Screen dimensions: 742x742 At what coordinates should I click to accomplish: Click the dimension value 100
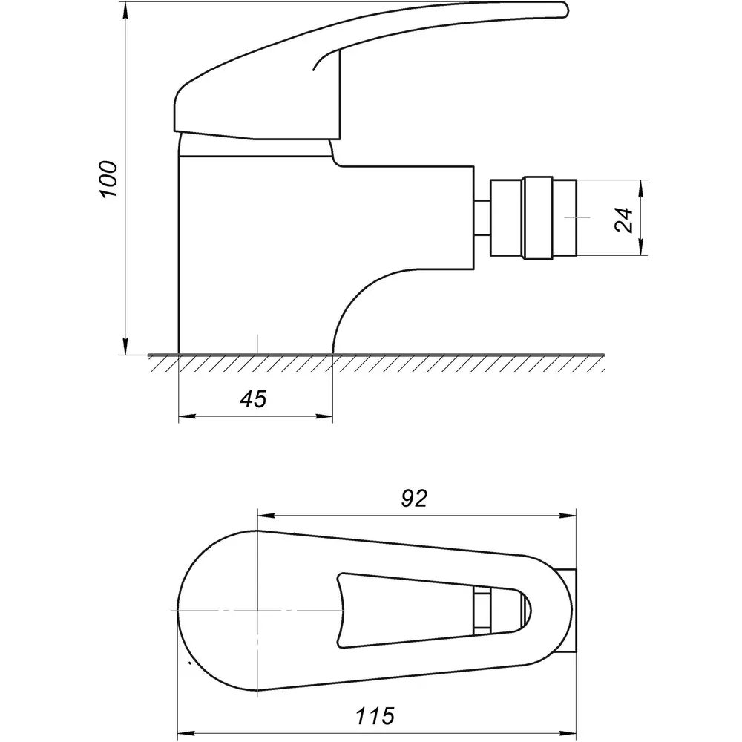108,180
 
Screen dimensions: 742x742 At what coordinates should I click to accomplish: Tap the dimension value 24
624,220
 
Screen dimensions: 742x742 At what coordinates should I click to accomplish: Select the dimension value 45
253,399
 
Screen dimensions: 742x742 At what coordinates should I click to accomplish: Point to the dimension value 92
414,499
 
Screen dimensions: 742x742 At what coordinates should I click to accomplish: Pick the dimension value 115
375,716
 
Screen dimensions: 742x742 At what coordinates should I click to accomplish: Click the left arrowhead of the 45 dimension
187,416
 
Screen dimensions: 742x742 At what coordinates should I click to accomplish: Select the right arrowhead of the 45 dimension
325,416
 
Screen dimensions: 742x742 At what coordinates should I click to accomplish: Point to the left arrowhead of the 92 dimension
266,516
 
